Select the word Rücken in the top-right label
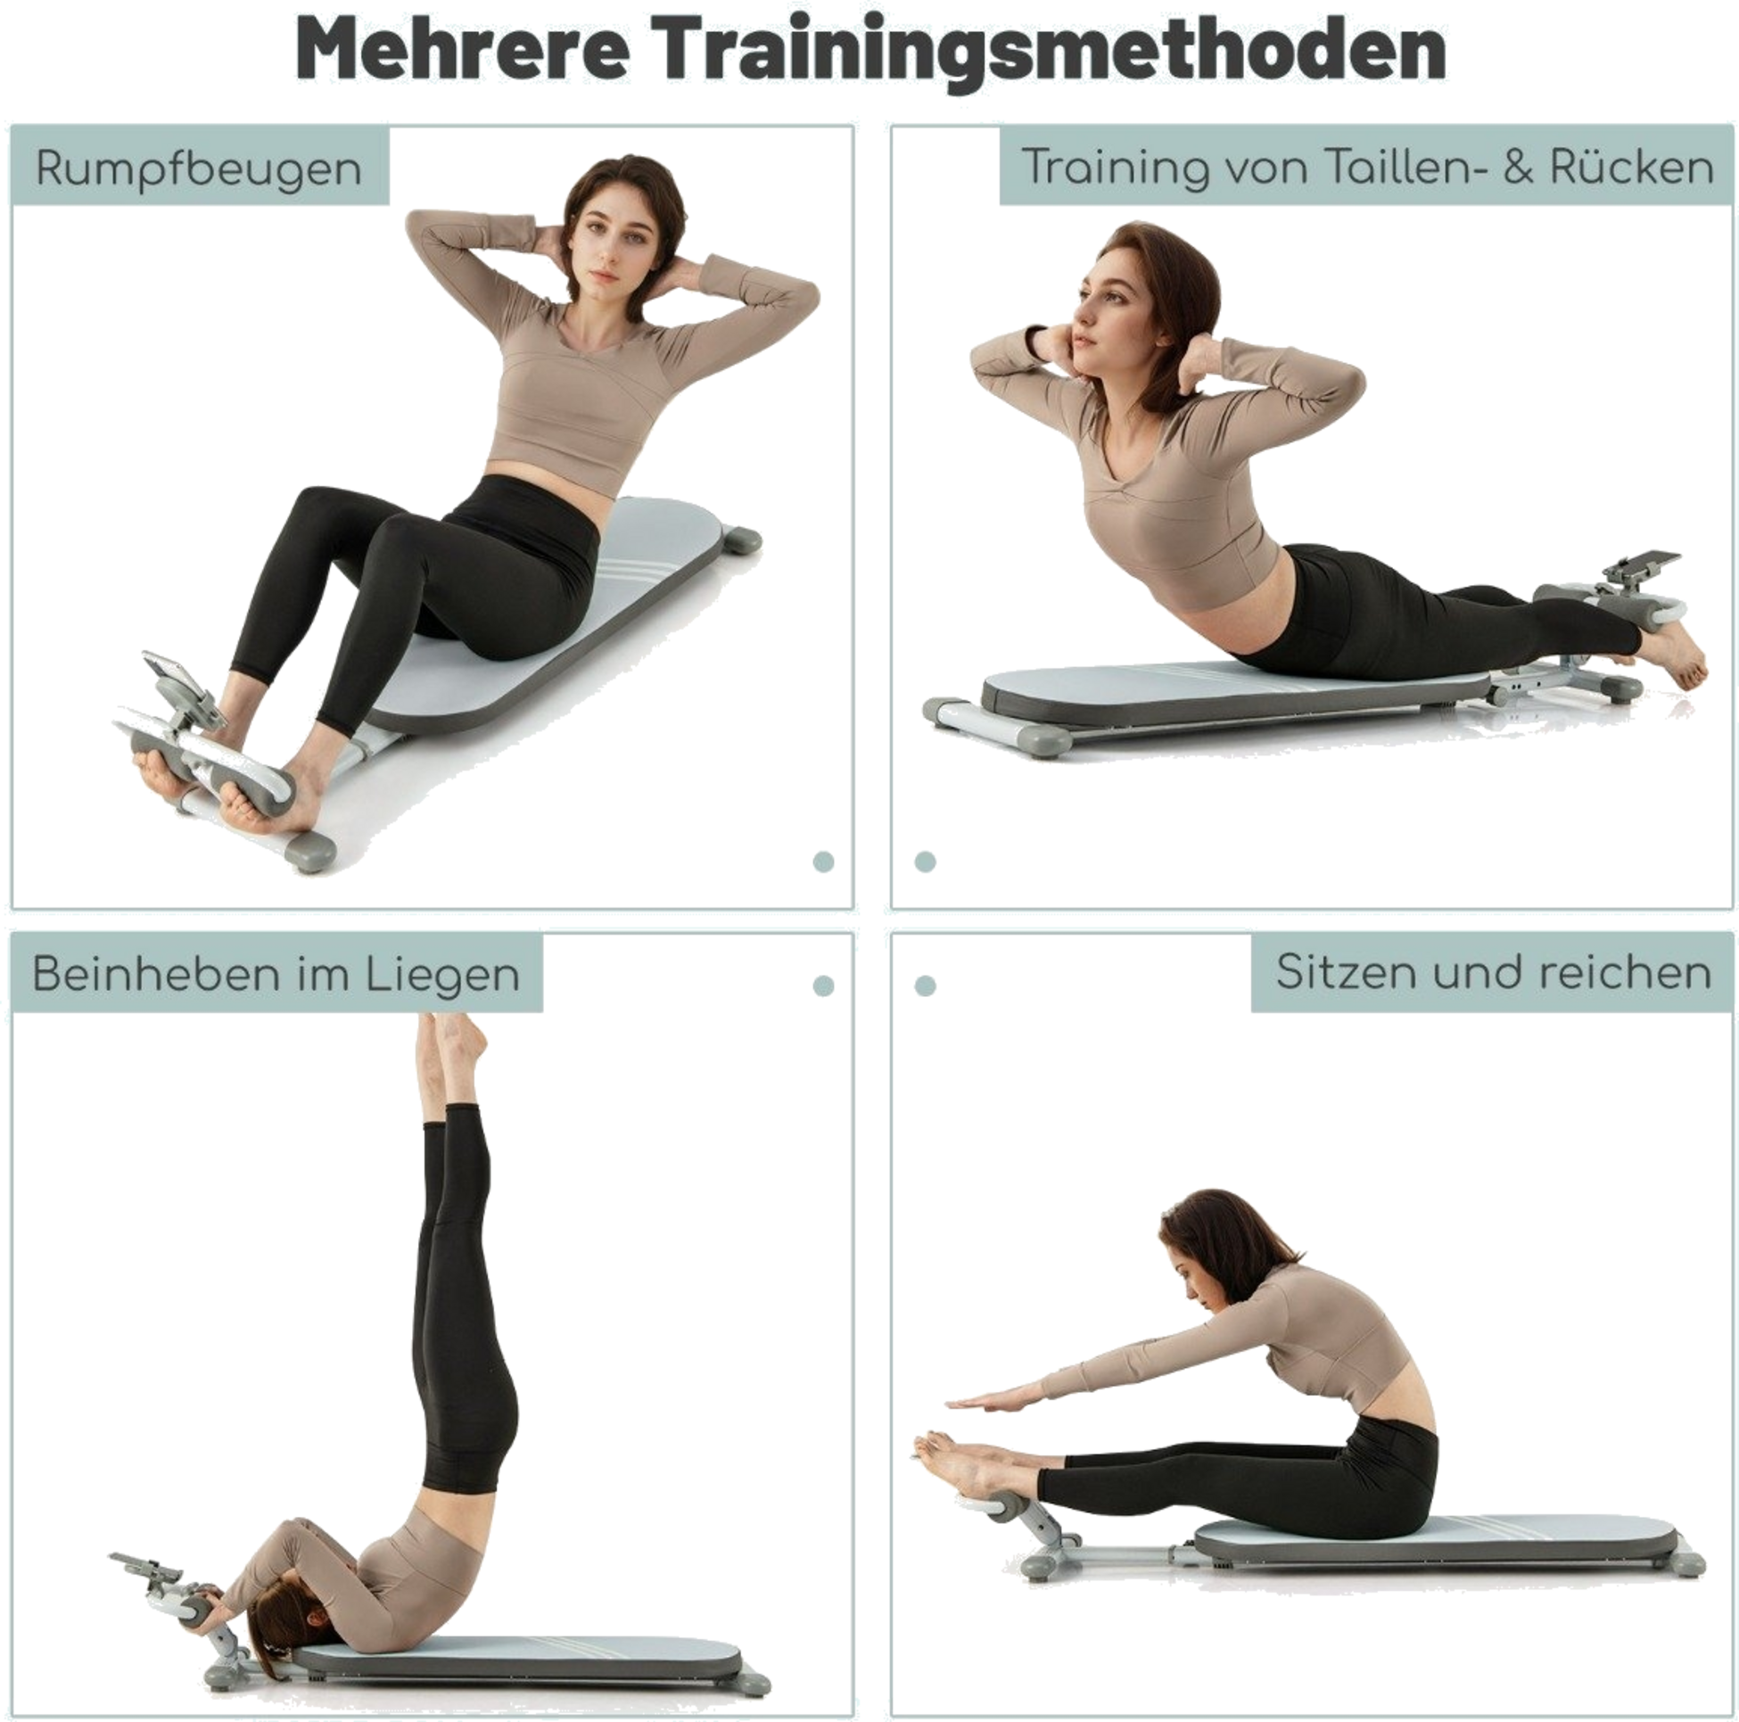click(x=1632, y=167)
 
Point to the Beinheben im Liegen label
click(x=276, y=974)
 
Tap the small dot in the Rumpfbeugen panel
click(x=823, y=861)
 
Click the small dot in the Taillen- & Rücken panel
click(x=925, y=861)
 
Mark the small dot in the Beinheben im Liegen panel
click(x=823, y=985)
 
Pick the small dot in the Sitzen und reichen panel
click(x=925, y=985)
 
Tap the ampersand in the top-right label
click(x=1519, y=169)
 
